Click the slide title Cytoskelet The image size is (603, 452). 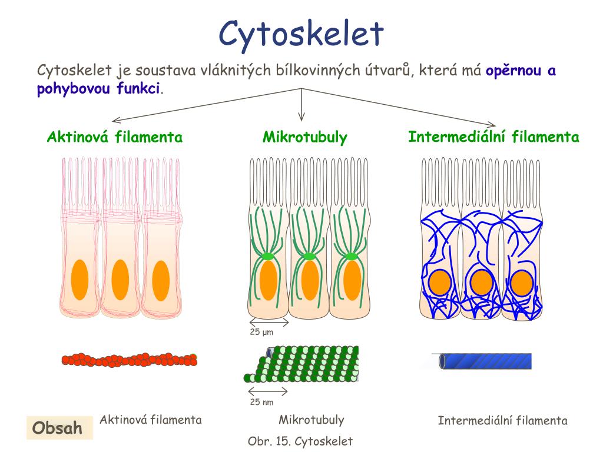[x=301, y=33]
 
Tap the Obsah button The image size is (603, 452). [x=57, y=428]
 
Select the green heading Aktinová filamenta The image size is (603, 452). [x=115, y=138]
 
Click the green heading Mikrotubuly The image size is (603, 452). [x=304, y=138]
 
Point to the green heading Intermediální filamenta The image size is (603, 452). [x=493, y=137]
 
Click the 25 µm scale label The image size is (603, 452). [x=261, y=333]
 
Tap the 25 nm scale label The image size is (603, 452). [x=261, y=403]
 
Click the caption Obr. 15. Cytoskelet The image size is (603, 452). [x=300, y=440]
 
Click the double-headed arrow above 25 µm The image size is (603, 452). [x=269, y=322]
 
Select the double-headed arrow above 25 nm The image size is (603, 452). [x=267, y=391]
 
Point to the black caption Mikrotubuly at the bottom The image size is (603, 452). [x=311, y=420]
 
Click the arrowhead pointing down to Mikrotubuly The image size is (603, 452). [x=301, y=117]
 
